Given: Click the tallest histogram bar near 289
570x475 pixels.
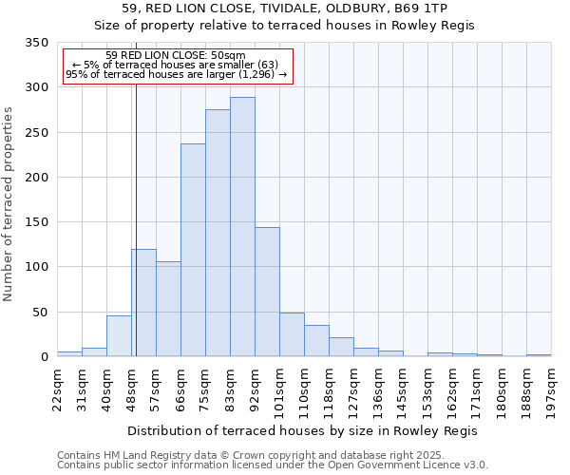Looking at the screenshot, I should [x=242, y=227].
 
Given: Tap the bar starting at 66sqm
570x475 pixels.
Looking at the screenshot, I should [x=193, y=251].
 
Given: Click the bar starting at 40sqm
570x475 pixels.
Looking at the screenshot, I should [x=119, y=336].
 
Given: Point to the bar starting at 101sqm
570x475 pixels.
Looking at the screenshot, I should [x=292, y=334].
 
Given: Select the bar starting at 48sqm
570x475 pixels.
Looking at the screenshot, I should [x=143, y=303].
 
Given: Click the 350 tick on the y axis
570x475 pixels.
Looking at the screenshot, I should [x=36, y=43].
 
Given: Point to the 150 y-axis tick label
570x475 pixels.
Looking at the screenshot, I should [x=36, y=222].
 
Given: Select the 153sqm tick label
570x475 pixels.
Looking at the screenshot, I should [x=427, y=389].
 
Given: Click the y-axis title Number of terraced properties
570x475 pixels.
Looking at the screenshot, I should [x=9, y=204].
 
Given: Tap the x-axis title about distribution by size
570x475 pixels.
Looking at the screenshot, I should [x=302, y=431].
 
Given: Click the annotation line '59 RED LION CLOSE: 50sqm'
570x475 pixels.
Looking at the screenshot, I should [x=176, y=56].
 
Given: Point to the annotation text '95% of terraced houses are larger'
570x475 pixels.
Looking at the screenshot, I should [x=176, y=74].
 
